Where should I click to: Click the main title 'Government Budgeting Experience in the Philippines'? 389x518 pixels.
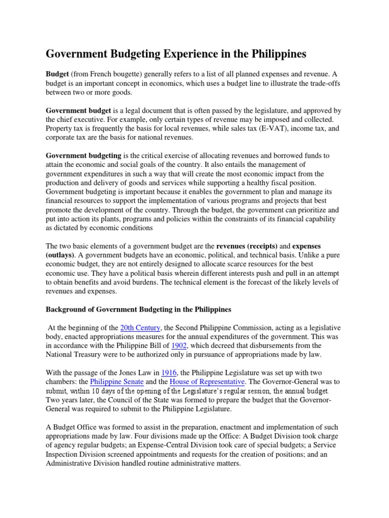point(177,54)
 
